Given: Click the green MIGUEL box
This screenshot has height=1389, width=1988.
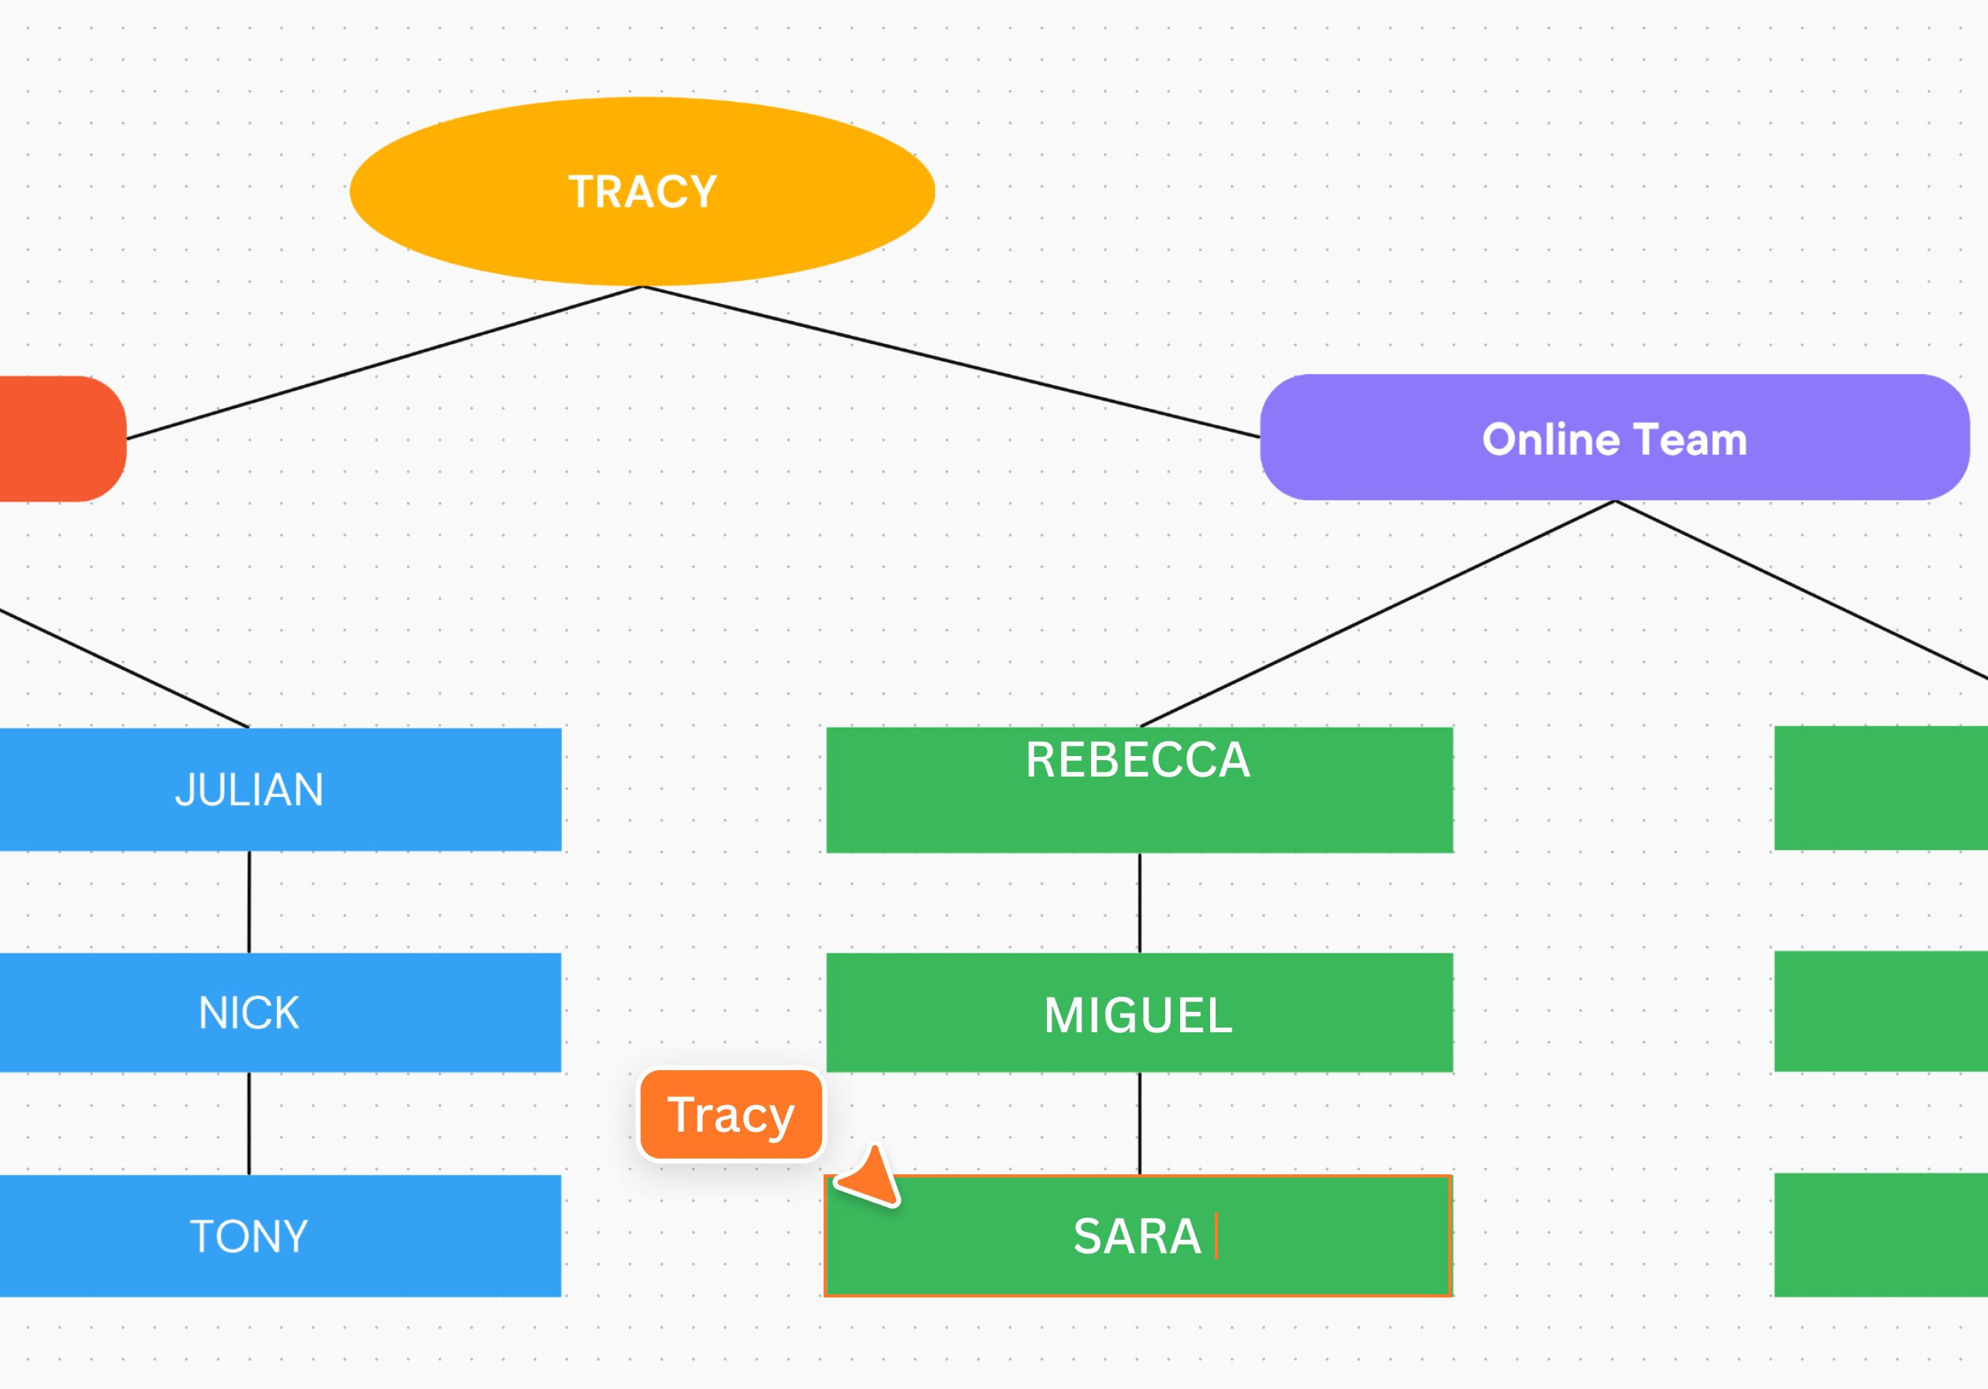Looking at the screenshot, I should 1139,1013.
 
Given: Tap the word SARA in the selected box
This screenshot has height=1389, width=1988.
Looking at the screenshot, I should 1137,1236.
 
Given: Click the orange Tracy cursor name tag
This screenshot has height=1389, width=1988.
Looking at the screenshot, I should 731,1114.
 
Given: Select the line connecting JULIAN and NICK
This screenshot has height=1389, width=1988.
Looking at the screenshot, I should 249,901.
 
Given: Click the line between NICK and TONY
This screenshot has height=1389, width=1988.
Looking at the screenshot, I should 249,1123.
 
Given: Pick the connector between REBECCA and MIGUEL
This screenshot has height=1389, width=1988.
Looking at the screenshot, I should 1139,902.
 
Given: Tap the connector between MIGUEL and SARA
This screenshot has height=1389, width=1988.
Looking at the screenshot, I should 1139,1123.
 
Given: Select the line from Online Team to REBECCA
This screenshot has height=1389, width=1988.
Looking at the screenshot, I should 1377,613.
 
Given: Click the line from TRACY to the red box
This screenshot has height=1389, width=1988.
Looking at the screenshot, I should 384,362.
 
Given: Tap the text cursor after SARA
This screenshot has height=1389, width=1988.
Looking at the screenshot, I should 1216,1236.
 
